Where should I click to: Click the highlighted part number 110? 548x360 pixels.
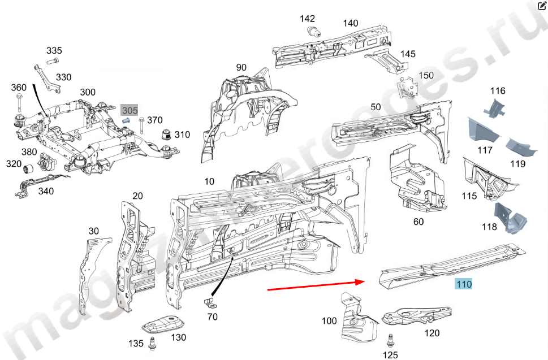(464, 284)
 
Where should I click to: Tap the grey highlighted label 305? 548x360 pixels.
(130, 110)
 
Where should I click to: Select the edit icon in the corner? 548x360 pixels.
(541, 7)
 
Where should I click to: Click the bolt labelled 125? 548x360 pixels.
(390, 340)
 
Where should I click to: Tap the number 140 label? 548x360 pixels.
(351, 23)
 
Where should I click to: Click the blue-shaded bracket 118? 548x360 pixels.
(510, 218)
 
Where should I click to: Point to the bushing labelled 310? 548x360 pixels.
(167, 135)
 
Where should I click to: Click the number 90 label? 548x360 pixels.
(241, 67)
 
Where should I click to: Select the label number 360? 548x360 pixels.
(19, 88)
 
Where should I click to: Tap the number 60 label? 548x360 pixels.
(418, 222)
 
